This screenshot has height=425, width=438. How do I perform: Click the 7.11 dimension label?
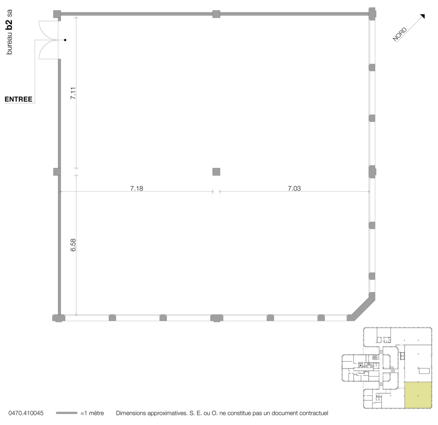73,93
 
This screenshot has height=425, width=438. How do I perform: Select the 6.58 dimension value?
73,245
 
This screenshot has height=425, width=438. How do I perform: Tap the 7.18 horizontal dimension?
136,188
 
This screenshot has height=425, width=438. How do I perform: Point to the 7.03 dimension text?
294,188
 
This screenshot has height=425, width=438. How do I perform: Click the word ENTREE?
19,99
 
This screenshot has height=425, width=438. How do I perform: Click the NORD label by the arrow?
400,34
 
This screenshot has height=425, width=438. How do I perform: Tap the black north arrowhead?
422,16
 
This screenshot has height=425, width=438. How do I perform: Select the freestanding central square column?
216,172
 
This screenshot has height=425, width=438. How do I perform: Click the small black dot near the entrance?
65,40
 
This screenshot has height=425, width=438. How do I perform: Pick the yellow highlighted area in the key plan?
418,395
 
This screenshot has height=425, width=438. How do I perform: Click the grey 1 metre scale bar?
66,413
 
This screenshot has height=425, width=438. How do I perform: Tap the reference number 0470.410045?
26,413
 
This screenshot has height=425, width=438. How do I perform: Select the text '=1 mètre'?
92,413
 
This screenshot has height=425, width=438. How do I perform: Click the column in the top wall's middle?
216,14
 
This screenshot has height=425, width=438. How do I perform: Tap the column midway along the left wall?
57,172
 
